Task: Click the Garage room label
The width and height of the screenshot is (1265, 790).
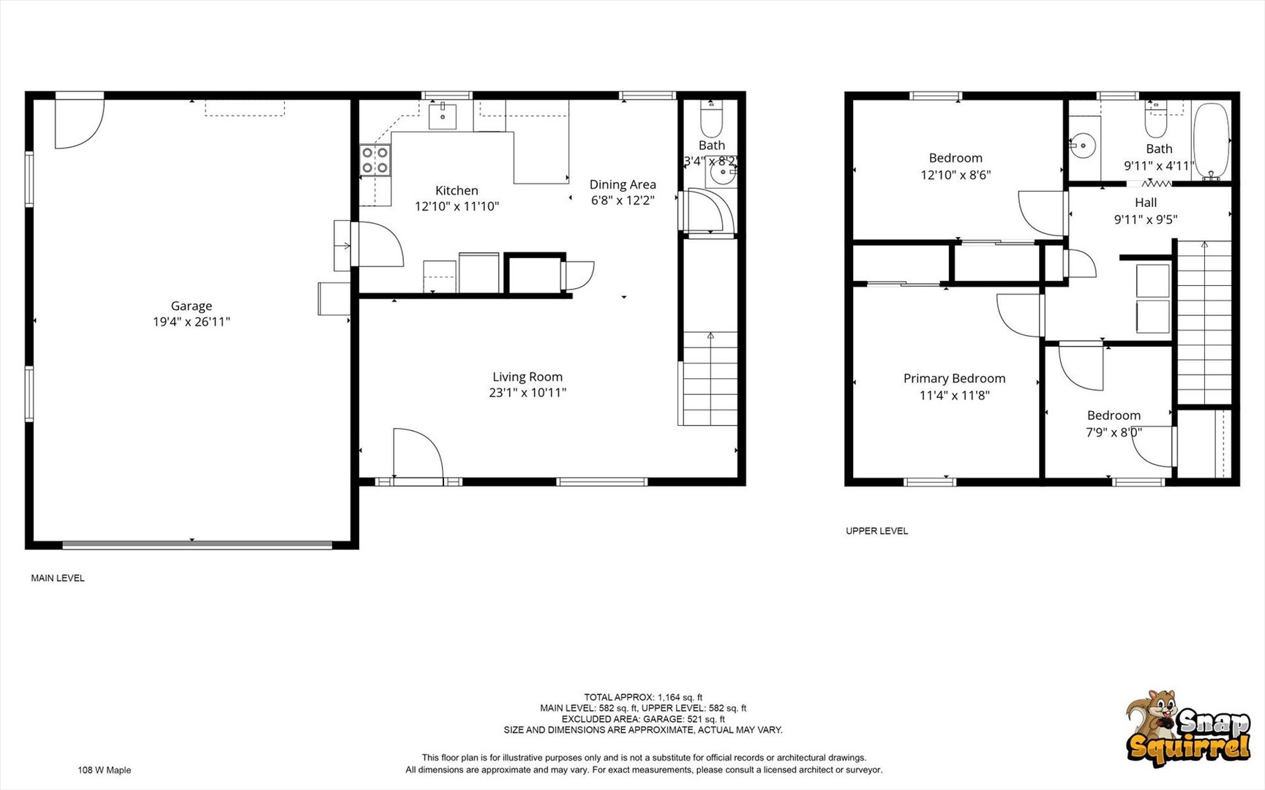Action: click(191, 306)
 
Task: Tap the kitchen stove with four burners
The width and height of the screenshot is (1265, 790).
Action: click(374, 161)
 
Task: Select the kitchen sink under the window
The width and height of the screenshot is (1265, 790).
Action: click(442, 116)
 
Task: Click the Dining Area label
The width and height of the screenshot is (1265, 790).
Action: click(623, 184)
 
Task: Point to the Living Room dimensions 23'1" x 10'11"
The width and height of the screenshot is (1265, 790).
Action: click(527, 393)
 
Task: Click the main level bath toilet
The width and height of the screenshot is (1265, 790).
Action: click(711, 119)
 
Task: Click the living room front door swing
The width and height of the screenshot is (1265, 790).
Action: click(417, 454)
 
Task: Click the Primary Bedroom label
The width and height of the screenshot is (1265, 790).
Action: click(954, 378)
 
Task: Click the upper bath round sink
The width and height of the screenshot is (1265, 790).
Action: click(1081, 146)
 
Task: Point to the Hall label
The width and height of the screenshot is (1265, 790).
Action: click(1146, 203)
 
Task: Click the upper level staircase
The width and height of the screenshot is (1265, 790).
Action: click(1204, 322)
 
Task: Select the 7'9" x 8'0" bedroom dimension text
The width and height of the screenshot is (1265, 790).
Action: click(1114, 432)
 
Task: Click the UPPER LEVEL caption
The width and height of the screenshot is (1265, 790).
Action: click(877, 531)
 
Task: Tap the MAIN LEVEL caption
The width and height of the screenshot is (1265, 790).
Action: click(58, 578)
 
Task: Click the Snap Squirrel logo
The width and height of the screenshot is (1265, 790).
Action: click(1187, 729)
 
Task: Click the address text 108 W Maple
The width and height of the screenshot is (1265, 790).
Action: click(105, 770)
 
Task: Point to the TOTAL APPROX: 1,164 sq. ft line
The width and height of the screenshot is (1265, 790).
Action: click(642, 697)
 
